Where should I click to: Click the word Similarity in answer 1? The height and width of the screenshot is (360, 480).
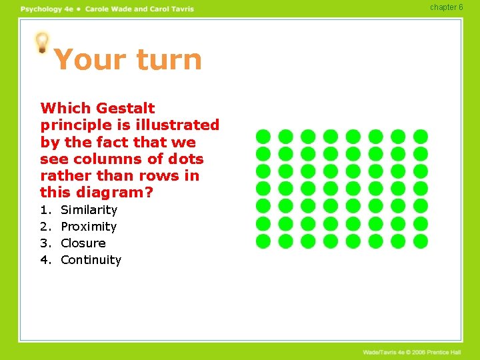pyautogui.click(x=89, y=210)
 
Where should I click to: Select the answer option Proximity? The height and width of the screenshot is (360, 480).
pyautogui.click(x=89, y=227)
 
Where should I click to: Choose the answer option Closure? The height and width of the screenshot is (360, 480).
pyautogui.click(x=83, y=243)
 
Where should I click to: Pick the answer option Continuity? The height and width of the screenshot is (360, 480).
pyautogui.click(x=91, y=260)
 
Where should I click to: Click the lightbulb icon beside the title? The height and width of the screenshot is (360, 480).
pyautogui.click(x=42, y=43)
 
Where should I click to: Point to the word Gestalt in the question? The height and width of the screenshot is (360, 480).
pyautogui.click(x=125, y=108)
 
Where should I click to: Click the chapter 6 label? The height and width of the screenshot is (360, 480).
pyautogui.click(x=446, y=7)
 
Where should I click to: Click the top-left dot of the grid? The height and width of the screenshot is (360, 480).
pyautogui.click(x=263, y=136)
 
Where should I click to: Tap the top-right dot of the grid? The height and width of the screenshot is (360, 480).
pyautogui.click(x=421, y=136)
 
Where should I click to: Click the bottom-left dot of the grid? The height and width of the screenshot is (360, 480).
pyautogui.click(x=263, y=241)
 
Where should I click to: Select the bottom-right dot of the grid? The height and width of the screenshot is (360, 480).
pyautogui.click(x=421, y=241)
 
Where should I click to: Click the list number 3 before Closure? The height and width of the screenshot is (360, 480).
pyautogui.click(x=45, y=243)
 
